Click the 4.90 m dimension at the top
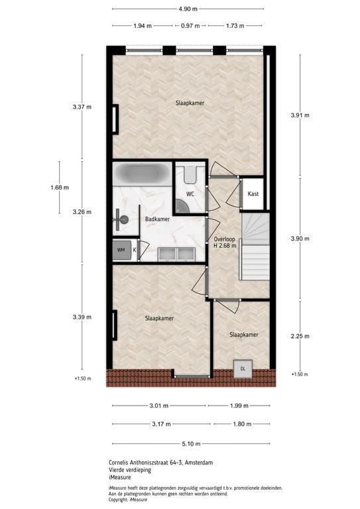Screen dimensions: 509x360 coord(188,9)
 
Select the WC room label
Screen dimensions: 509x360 coord(190,194)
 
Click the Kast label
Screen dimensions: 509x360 coord(253,194)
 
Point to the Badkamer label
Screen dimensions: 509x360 coord(157,219)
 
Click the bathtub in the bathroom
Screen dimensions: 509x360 coord(141,174)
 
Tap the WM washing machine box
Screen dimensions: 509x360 coord(121,250)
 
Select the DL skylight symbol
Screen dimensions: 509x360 coord(243,368)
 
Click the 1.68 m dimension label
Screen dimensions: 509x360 coord(59,188)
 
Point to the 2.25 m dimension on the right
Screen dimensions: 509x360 coord(300,336)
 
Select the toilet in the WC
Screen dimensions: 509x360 coord(191,176)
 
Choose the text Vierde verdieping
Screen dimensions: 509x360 coord(130,470)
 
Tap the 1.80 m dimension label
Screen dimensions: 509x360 coord(241,424)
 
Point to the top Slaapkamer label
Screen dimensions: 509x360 coord(190,103)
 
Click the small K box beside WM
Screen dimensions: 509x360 coord(135,250)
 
